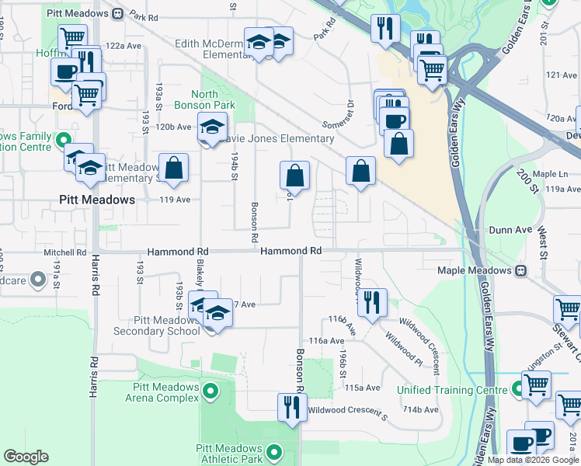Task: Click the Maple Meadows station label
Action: tap(474, 270)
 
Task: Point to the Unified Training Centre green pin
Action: tap(506, 390)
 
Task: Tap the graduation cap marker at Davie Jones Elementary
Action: tap(210, 126)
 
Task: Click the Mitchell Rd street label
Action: tap(64, 252)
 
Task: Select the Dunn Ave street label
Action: tap(510, 230)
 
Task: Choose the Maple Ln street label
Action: tap(552, 174)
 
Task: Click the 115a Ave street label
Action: tap(363, 387)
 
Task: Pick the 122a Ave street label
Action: tap(125, 46)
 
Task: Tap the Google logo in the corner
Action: tap(26, 457)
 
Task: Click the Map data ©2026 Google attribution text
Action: tap(534, 460)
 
